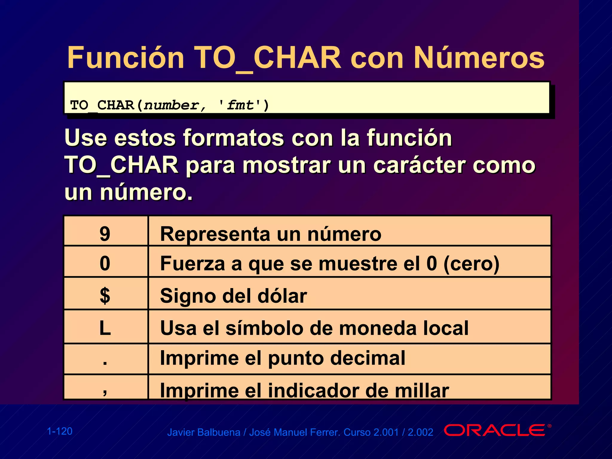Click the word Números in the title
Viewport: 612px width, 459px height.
[479, 58]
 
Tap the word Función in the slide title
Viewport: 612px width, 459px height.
[126, 58]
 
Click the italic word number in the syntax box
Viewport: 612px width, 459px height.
[171, 105]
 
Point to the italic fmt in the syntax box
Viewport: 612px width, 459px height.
[240, 105]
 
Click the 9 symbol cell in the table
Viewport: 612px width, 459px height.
[105, 234]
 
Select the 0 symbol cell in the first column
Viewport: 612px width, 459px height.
[105, 263]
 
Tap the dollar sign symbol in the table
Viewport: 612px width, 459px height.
[105, 295]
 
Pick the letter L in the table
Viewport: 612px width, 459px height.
[105, 328]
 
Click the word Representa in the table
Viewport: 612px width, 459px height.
[215, 234]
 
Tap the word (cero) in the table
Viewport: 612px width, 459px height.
[471, 264]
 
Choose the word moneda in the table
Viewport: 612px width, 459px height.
[378, 328]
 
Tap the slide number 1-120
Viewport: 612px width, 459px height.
[60, 431]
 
